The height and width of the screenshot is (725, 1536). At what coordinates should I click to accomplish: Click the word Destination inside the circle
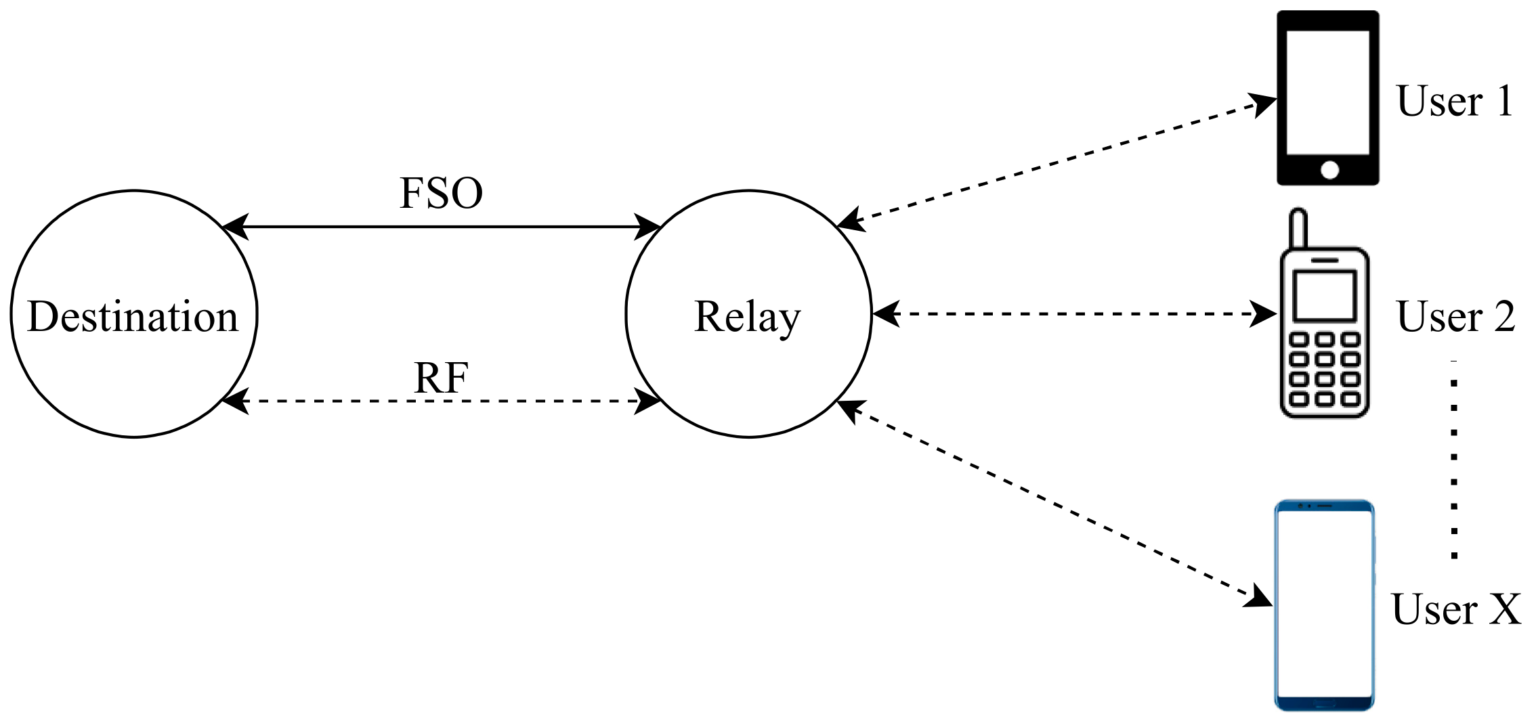pos(133,316)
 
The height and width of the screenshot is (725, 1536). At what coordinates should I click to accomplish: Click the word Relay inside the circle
pos(747,316)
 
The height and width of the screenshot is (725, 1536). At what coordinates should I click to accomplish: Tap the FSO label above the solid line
pos(441,193)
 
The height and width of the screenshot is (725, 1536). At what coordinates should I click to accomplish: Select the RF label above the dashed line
pos(441,377)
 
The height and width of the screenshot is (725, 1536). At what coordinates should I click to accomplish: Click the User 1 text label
pos(1454,102)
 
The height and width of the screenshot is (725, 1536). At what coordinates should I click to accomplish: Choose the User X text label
pos(1455,609)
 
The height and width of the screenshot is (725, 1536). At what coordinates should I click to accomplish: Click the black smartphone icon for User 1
pos(1327,97)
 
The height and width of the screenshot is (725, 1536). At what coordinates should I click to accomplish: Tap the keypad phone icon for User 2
pos(1324,332)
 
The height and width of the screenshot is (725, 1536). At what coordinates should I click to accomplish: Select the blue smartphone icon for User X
pos(1324,605)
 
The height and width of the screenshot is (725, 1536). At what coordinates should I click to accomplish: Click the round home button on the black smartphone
pos(1329,170)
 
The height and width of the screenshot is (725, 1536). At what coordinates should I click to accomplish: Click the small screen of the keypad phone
pos(1324,296)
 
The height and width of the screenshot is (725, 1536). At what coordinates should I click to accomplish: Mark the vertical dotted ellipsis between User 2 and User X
pos(1454,460)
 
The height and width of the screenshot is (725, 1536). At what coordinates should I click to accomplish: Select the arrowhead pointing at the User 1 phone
pos(1262,105)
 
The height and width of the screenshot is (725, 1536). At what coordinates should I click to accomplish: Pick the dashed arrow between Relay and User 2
pos(1074,314)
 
